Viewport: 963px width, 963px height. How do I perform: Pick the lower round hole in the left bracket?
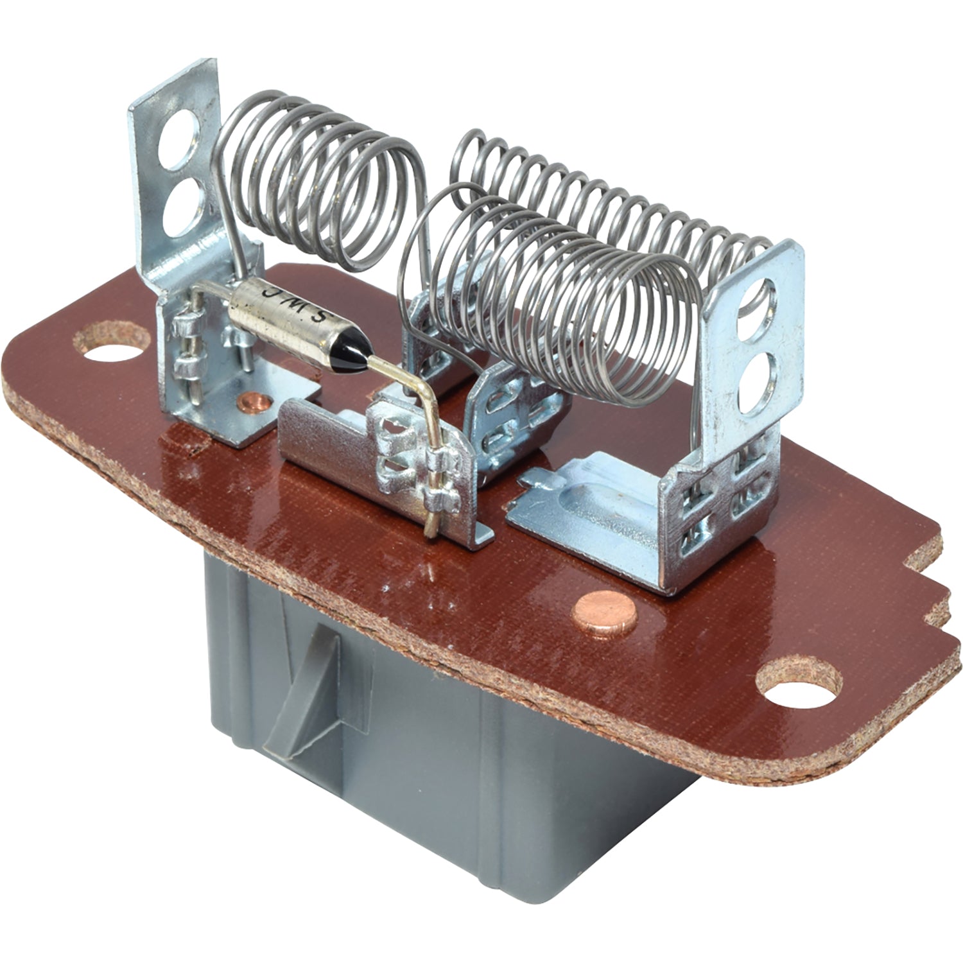[x=182, y=210]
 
